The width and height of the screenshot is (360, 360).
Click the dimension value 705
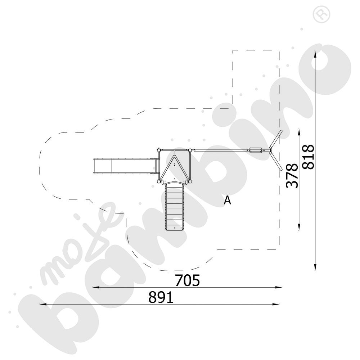pyautogui.click(x=187, y=280)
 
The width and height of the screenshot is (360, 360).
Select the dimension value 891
pyautogui.click(x=161, y=298)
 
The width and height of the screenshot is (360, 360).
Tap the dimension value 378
pyautogui.click(x=292, y=176)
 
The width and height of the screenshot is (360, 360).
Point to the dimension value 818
pyautogui.click(x=308, y=157)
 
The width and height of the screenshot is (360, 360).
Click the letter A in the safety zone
pyautogui.click(x=227, y=200)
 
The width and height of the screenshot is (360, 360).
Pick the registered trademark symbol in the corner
pyautogui.click(x=321, y=14)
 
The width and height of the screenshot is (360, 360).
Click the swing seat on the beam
pyautogui.click(x=255, y=150)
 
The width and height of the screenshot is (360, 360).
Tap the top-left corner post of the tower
pyautogui.click(x=158, y=150)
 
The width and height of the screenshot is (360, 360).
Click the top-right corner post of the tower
pyautogui.click(x=190, y=150)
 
